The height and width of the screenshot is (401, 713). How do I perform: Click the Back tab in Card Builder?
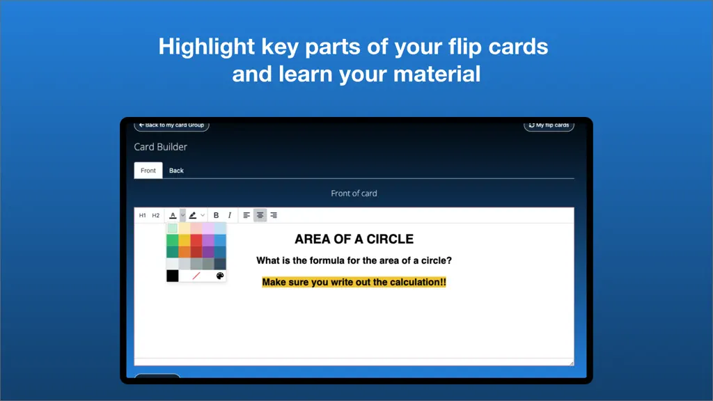pyautogui.click(x=176, y=171)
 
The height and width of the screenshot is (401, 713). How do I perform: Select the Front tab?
pyautogui.click(x=148, y=171)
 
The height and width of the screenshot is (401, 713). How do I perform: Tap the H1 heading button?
pyautogui.click(x=142, y=216)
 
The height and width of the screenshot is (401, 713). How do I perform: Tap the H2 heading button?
pyautogui.click(x=155, y=216)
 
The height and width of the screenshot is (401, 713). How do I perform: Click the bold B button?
pyautogui.click(x=216, y=215)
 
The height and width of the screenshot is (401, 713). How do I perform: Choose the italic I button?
pyautogui.click(x=230, y=215)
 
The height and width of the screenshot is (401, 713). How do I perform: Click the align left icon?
pyautogui.click(x=246, y=215)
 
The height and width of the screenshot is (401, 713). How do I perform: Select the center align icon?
pyautogui.click(x=260, y=215)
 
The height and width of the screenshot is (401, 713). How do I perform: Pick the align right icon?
pyautogui.click(x=274, y=215)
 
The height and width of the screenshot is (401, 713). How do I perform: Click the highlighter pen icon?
pyautogui.click(x=193, y=215)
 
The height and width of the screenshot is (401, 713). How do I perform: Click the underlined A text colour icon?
pyautogui.click(x=173, y=215)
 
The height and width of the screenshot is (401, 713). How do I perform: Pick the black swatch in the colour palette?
pyautogui.click(x=173, y=276)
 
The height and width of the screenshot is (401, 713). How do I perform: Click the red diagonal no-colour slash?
pyautogui.click(x=196, y=276)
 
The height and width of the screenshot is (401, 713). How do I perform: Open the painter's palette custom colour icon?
pyautogui.click(x=220, y=276)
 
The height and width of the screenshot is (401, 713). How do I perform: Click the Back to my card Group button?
pyautogui.click(x=171, y=125)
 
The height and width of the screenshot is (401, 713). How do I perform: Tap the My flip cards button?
pyautogui.click(x=549, y=125)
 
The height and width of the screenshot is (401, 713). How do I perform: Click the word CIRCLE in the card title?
pyautogui.click(x=390, y=239)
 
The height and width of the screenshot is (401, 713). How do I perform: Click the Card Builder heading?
pyautogui.click(x=161, y=147)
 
